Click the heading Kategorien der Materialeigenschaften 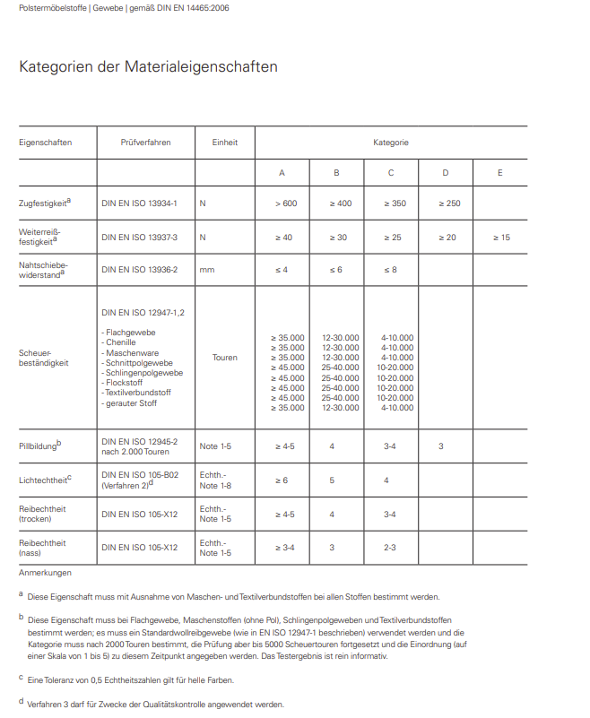(148, 67)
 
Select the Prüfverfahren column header (145, 143)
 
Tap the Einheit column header (224, 143)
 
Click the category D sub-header (446, 172)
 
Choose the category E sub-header (499, 172)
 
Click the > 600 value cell (286, 203)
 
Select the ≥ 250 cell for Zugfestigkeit (447, 203)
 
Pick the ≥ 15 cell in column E (501, 238)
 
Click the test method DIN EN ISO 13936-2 (139, 270)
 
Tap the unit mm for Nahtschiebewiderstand (206, 270)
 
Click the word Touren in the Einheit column (224, 357)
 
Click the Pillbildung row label (39, 446)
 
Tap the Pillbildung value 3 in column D (441, 446)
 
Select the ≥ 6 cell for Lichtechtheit (281, 480)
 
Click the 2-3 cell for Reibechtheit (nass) (391, 547)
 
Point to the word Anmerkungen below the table (45, 573)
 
